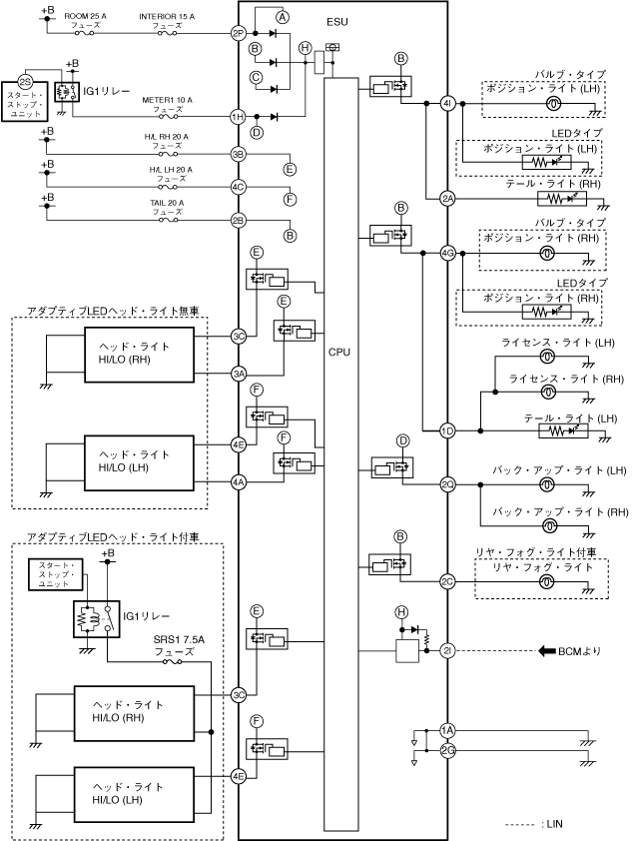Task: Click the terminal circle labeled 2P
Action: coord(238,33)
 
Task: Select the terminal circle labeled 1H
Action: coord(238,117)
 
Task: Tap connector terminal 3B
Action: coord(238,155)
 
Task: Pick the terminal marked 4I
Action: coord(447,103)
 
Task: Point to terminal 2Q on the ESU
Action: coord(447,484)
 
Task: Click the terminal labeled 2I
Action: coord(447,651)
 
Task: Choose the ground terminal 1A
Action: coord(447,730)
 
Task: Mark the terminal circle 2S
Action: coord(26,80)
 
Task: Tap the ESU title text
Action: coord(338,19)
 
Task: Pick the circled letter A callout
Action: coord(282,18)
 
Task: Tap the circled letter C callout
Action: coord(256,76)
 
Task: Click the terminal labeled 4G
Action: coord(447,254)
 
